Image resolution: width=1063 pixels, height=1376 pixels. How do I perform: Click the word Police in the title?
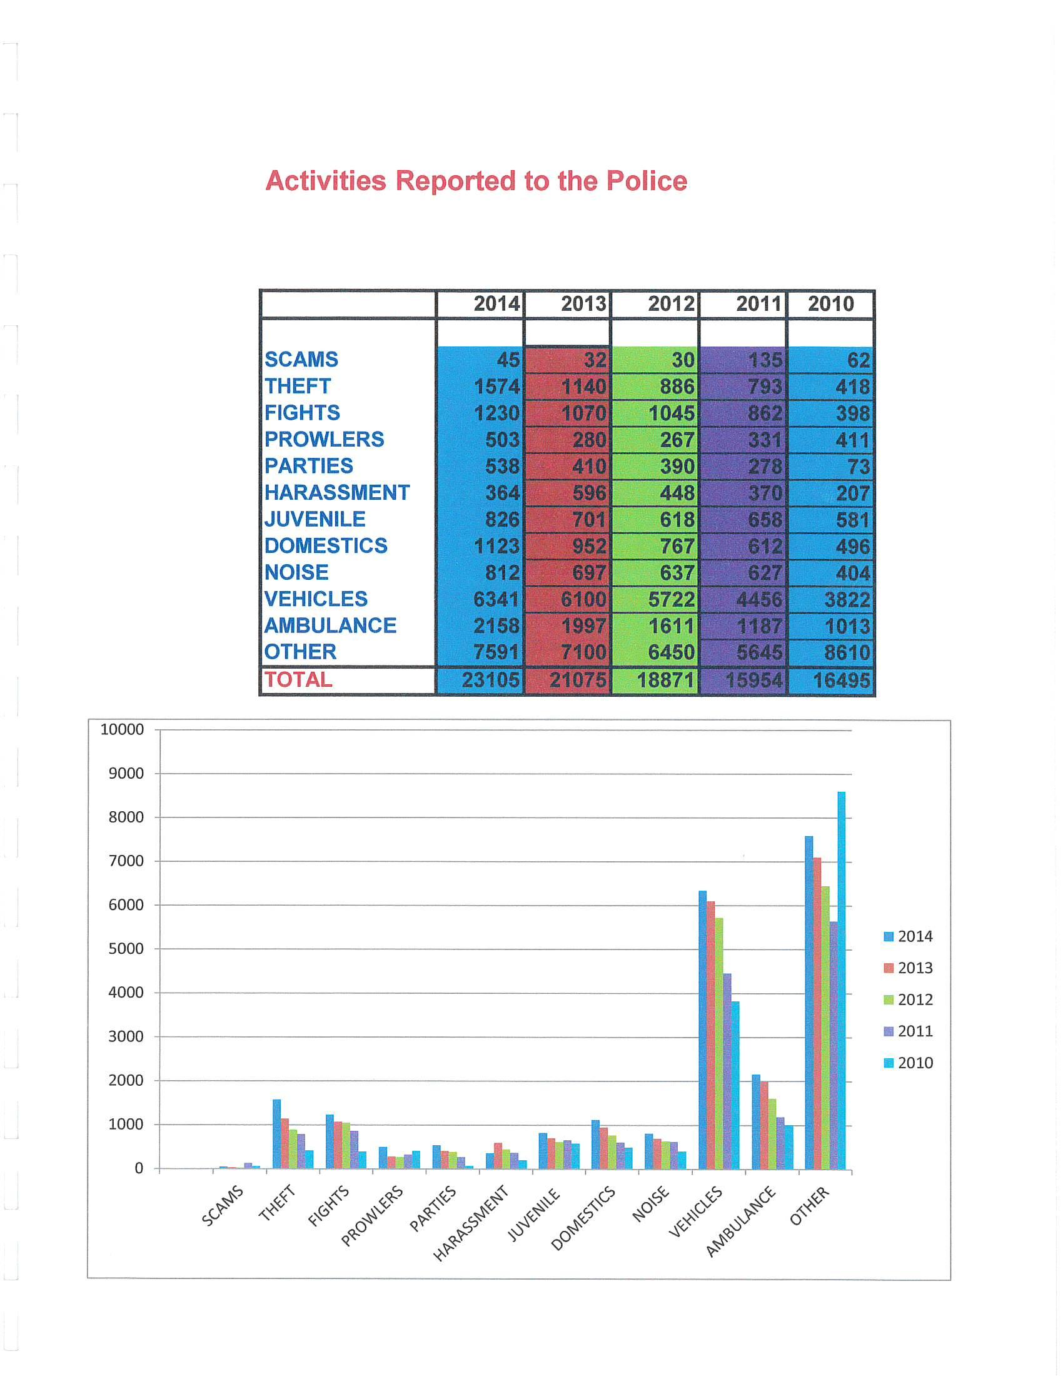click(646, 181)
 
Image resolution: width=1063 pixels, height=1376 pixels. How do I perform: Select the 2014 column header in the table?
click(496, 304)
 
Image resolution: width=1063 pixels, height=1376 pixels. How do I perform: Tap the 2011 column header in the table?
click(758, 304)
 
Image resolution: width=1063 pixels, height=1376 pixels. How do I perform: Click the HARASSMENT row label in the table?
click(337, 492)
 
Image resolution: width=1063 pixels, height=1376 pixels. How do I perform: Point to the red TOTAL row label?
click(298, 679)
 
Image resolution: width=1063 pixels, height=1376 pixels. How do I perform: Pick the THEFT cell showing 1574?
click(496, 386)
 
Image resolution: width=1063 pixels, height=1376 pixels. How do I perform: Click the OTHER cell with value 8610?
click(847, 652)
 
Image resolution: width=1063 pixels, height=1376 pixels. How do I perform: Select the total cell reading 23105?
click(490, 680)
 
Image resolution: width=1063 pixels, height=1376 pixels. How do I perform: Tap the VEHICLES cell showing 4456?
click(759, 599)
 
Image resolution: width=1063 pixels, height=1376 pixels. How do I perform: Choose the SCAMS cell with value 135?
click(765, 360)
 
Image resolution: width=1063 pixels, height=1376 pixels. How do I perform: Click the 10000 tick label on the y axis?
click(122, 729)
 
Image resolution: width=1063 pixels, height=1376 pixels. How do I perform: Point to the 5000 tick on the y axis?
click(126, 949)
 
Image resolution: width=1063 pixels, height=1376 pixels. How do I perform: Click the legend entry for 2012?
click(908, 1000)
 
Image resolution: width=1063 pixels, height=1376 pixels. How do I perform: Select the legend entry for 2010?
click(908, 1063)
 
